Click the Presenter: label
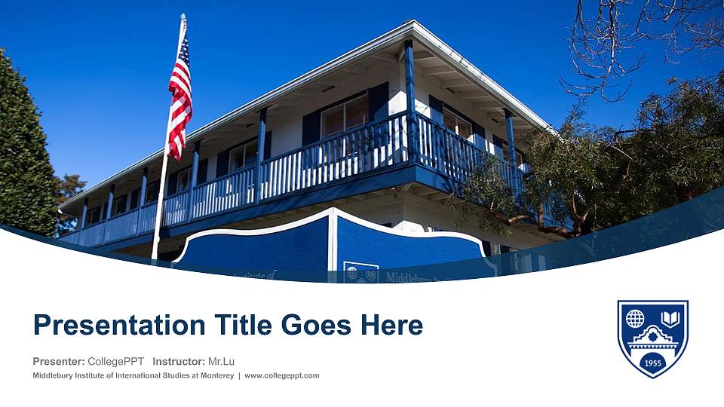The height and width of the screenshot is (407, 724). click(x=58, y=361)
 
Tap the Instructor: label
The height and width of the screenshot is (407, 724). click(x=178, y=361)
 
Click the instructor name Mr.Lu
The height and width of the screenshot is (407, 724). click(x=221, y=361)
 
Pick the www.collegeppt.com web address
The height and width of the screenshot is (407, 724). click(x=282, y=375)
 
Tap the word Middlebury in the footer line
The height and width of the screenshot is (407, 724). click(x=54, y=375)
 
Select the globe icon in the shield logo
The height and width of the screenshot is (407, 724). click(x=635, y=319)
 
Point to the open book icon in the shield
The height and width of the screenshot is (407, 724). click(x=671, y=317)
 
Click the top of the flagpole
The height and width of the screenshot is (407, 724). click(x=183, y=17)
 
